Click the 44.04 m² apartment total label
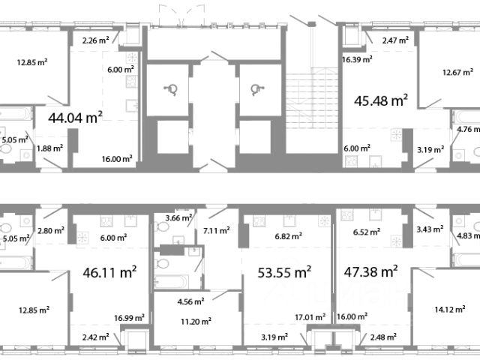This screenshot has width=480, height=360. (75, 118)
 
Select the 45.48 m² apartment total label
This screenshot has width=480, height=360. (381, 100)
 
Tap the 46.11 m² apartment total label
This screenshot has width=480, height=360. (109, 272)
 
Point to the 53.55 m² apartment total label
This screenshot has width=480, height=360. (284, 272)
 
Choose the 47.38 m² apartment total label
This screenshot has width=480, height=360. (370, 271)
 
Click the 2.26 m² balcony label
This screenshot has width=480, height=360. (96, 40)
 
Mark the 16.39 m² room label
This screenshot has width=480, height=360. (357, 59)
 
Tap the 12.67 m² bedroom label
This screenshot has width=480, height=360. (457, 73)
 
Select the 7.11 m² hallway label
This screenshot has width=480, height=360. (217, 230)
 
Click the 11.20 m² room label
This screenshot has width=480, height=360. (196, 322)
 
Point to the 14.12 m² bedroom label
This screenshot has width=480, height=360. (450, 309)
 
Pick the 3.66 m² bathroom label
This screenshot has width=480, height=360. (178, 218)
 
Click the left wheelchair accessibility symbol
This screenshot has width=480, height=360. (172, 90)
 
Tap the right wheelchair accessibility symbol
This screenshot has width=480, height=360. (256, 90)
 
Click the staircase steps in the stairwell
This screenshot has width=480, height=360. (312, 101)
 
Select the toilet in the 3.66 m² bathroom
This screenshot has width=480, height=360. (162, 226)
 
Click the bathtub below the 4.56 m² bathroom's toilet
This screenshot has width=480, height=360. (172, 282)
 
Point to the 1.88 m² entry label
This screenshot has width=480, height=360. (50, 148)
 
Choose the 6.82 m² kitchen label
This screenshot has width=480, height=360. (288, 236)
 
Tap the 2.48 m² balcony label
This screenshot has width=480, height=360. (383, 337)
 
